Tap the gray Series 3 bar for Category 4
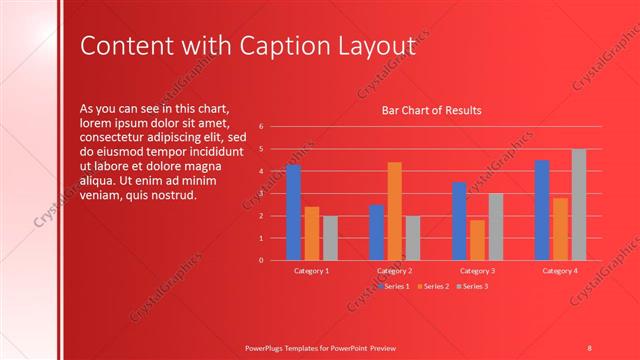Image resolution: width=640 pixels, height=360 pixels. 579,205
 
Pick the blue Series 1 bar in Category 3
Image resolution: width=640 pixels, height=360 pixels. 459,221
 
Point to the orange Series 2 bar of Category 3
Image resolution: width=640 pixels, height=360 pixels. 477,240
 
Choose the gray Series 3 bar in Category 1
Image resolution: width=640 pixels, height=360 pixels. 330,238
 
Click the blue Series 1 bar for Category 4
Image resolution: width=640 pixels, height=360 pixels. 542,210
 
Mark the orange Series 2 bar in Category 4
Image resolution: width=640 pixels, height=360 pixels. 560,229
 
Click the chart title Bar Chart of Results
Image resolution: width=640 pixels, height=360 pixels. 432,110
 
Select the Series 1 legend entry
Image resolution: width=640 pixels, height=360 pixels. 393,286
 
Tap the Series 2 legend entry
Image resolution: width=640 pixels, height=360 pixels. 432,286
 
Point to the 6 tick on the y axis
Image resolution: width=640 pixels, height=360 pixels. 260,127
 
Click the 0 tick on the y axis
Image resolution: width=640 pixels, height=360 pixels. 260,260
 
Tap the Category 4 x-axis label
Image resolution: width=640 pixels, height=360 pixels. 560,271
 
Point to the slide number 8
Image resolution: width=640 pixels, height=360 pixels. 590,347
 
